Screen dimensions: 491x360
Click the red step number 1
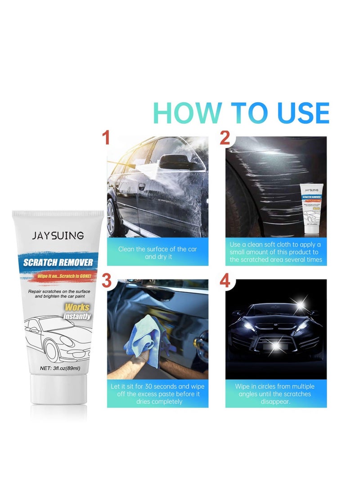coord(106,138)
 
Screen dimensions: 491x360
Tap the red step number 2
coord(225,138)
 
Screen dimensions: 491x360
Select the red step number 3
coord(107,280)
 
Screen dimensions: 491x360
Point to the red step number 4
coord(225,281)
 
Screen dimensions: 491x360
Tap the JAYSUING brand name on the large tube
coord(57,235)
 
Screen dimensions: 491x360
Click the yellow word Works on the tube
coord(77,307)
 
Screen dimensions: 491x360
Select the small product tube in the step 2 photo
coord(313,210)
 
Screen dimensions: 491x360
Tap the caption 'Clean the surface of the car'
coord(157,252)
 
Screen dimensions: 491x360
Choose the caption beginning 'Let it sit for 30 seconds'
coord(157,394)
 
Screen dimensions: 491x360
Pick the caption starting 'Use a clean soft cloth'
coord(276,252)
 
